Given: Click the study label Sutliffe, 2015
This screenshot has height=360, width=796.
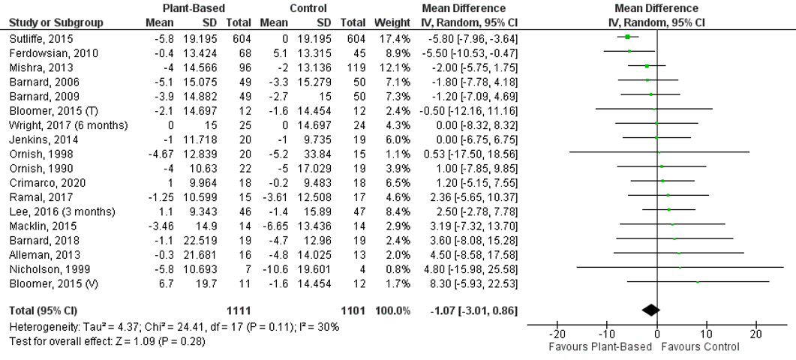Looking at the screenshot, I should [x=36, y=37].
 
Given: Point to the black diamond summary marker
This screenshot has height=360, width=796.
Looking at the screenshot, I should [x=650, y=309].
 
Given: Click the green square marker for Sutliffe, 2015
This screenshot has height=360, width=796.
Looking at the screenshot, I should [x=627, y=37].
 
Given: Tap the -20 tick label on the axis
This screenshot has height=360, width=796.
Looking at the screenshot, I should [x=557, y=334].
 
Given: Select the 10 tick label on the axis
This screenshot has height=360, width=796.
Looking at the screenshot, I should [x=707, y=334].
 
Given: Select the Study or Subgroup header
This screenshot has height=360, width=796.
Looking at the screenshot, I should [x=56, y=22].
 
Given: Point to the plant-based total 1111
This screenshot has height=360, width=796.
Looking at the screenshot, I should [x=237, y=310].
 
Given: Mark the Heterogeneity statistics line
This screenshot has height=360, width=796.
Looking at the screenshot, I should [x=174, y=327].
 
